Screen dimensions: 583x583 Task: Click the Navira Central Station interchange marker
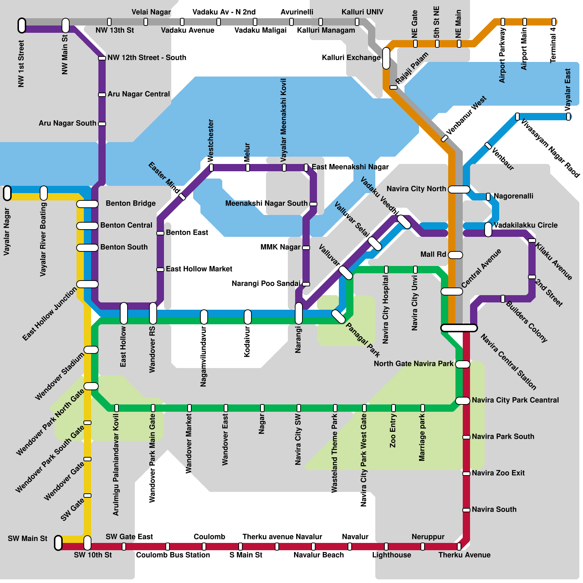pyautogui.click(x=459, y=328)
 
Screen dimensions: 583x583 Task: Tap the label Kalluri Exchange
pyautogui.click(x=351, y=58)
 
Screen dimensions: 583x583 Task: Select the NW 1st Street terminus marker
pyautogui.click(x=22, y=26)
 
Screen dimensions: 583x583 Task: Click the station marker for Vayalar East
pyautogui.click(x=568, y=117)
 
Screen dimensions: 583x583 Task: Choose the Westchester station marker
pyautogui.click(x=211, y=168)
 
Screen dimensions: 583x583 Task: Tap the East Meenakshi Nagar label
pyautogui.click(x=350, y=167)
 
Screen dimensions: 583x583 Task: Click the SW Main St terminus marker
pyautogui.click(x=58, y=543)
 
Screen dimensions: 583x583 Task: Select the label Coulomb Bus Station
pyautogui.click(x=173, y=555)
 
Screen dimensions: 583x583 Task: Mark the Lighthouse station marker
pyautogui.click(x=386, y=547)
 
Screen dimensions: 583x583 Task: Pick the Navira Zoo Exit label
pyautogui.click(x=498, y=473)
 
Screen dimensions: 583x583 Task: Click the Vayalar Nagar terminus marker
pyautogui.click(x=7, y=193)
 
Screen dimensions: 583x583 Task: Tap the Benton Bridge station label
pyautogui.click(x=130, y=203)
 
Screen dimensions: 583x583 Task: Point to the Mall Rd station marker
pyautogui.click(x=455, y=255)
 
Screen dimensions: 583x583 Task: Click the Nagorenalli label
pyautogui.click(x=513, y=196)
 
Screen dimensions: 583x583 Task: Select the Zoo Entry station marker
pyautogui.click(x=394, y=408)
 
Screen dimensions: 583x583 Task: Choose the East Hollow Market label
pyautogui.click(x=199, y=269)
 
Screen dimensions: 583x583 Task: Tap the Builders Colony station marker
pyautogui.click(x=503, y=299)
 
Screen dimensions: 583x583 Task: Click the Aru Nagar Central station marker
pyautogui.click(x=102, y=95)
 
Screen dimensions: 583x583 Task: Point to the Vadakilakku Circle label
pyautogui.click(x=525, y=225)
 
